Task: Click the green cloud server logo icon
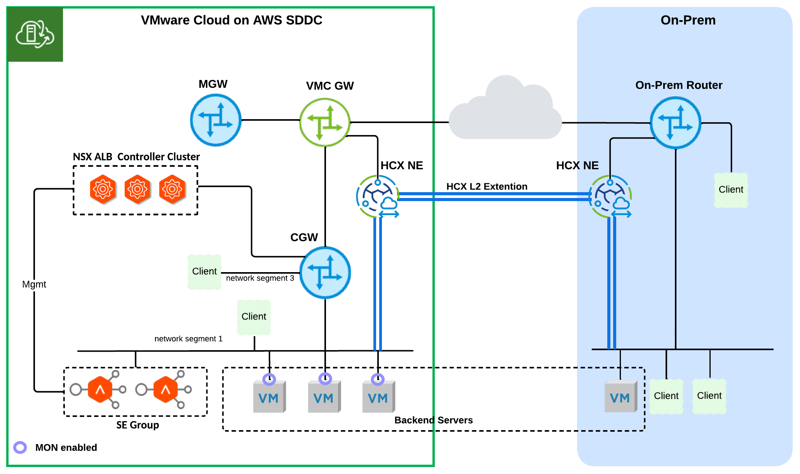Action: [35, 35]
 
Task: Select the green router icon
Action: [325, 122]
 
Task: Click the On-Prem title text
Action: [688, 20]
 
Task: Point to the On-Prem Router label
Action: [678, 85]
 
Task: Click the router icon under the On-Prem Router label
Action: [675, 123]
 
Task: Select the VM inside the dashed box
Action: [620, 397]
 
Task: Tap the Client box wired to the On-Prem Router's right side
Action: [731, 190]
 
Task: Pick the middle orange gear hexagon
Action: [137, 189]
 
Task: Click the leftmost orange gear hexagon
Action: [103, 189]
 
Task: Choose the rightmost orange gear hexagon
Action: [172, 189]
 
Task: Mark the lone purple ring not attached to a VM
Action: [20, 448]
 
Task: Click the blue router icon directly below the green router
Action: [325, 273]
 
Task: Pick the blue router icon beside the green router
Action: [216, 120]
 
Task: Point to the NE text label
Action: [590, 165]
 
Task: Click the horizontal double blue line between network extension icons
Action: [493, 196]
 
